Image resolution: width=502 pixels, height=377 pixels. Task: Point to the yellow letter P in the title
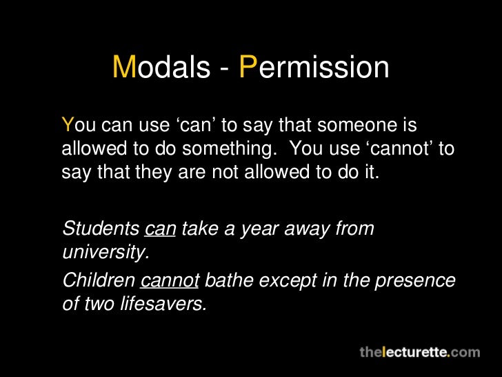pyautogui.click(x=247, y=68)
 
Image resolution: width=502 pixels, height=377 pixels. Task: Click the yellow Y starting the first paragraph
pyautogui.click(x=67, y=126)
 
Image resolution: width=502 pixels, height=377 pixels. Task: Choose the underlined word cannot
pyautogui.click(x=170, y=281)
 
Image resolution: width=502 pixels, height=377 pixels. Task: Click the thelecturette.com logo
pyautogui.click(x=419, y=351)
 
